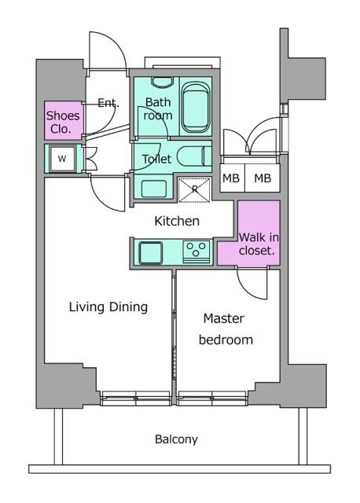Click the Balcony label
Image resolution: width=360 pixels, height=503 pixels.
point(175,439)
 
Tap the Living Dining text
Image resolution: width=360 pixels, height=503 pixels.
point(108,307)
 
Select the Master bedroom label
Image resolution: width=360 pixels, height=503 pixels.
point(225,329)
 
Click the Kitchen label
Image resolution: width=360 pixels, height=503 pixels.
point(176,222)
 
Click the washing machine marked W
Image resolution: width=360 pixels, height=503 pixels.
point(63,160)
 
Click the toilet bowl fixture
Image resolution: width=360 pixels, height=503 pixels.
point(191,155)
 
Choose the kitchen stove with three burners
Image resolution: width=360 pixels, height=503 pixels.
point(196,251)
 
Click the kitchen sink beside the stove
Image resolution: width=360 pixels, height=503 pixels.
point(150,252)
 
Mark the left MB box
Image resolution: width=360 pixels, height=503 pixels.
point(232,178)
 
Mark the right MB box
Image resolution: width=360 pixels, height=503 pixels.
point(263,178)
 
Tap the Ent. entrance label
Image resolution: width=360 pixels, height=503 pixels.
point(108,102)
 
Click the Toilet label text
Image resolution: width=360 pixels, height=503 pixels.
point(156,159)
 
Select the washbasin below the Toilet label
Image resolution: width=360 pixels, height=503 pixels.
point(153,188)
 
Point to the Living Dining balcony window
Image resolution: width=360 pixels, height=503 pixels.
point(135,398)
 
